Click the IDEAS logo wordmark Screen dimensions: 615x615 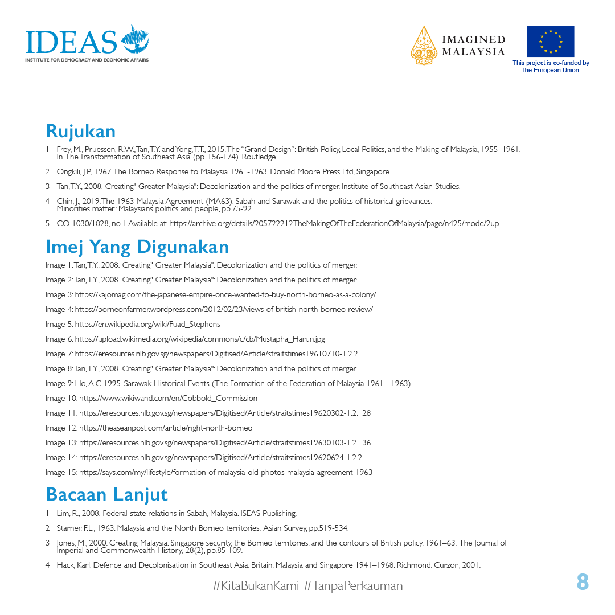(71, 41)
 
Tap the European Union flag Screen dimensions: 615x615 (550, 41)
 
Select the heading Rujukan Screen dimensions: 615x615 (80, 131)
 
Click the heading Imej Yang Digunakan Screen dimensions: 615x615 (137, 247)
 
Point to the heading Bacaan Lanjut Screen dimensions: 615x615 (106, 494)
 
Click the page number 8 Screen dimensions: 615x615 (582, 582)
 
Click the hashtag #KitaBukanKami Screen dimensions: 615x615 (256, 585)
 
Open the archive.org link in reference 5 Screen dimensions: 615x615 (334, 223)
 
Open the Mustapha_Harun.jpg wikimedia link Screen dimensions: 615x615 (200, 339)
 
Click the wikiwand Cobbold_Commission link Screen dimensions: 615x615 (168, 398)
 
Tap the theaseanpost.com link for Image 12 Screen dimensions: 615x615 (166, 428)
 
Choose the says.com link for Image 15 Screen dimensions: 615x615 (225, 472)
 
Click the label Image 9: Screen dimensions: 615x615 (56, 383)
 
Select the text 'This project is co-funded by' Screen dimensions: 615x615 (551, 63)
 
